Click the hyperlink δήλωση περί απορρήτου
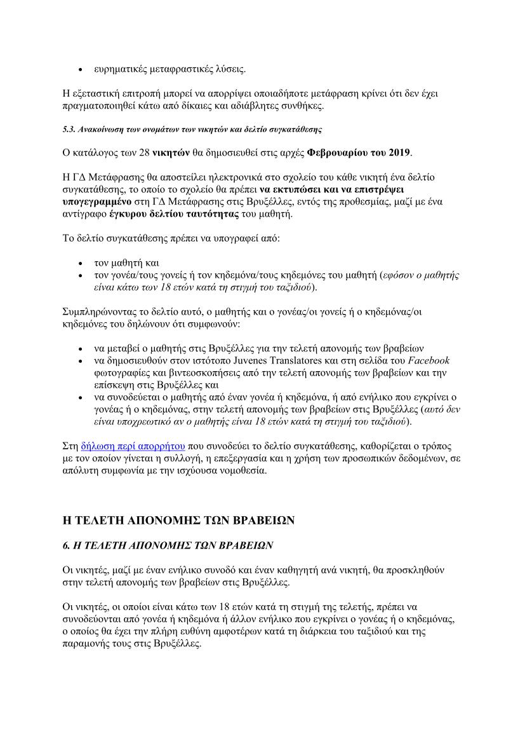[133, 446]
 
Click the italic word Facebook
[429, 361]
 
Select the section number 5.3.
[69, 129]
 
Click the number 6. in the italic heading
[66, 545]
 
